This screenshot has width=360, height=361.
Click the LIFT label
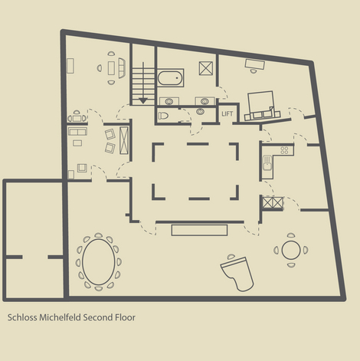[227, 113]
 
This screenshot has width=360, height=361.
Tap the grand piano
[238, 274]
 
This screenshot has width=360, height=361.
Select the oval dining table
[99, 262]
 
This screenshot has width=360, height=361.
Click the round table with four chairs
[291, 250]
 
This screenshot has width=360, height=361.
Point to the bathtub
[170, 78]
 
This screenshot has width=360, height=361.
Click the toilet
[163, 116]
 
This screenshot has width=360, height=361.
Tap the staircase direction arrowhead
[143, 100]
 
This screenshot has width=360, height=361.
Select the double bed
[261, 105]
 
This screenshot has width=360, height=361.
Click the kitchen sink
[267, 163]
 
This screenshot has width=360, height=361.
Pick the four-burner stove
[284, 150]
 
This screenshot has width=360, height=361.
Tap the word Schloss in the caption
[22, 317]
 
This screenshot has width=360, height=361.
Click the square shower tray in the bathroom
[206, 68]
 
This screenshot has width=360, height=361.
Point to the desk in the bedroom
[254, 64]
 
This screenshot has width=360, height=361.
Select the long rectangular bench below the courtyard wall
[199, 230]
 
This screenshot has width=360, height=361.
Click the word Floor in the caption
[125, 317]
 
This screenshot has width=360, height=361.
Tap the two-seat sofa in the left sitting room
[77, 131]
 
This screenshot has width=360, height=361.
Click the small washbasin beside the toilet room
[200, 111]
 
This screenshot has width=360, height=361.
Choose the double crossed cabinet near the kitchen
[273, 203]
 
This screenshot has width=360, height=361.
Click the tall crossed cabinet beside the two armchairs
[124, 140]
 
